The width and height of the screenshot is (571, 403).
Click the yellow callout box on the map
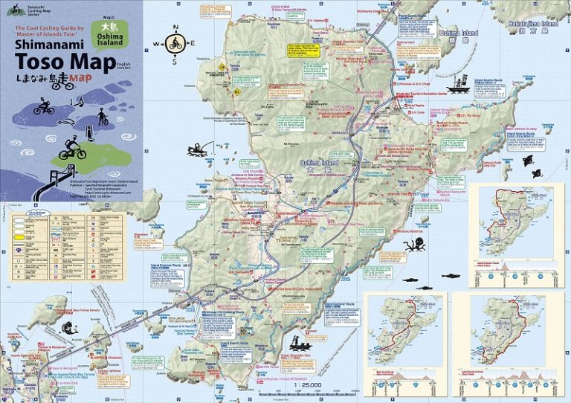tap(304, 51)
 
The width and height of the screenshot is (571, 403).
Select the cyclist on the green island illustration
tap(73, 146)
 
